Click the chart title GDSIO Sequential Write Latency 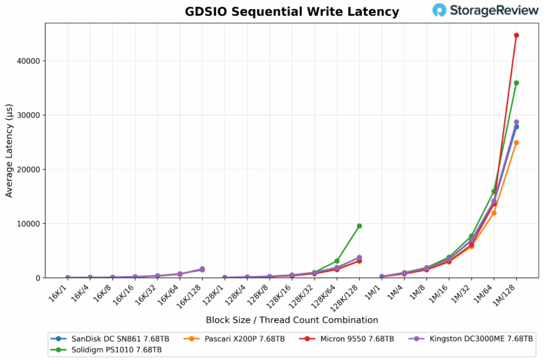coord(292,12)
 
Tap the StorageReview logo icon coord(439,10)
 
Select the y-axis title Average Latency coord(9,151)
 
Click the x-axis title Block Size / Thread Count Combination coord(292,320)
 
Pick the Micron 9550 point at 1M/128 coord(516,35)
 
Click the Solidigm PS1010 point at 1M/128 coord(516,83)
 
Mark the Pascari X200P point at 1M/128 coord(516,142)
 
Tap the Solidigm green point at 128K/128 coord(359,226)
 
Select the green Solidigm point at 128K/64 coord(337,261)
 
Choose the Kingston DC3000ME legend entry coord(471,338)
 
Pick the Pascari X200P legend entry coord(234,338)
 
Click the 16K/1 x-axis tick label coord(60,292)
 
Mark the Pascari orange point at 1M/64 coord(494,213)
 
